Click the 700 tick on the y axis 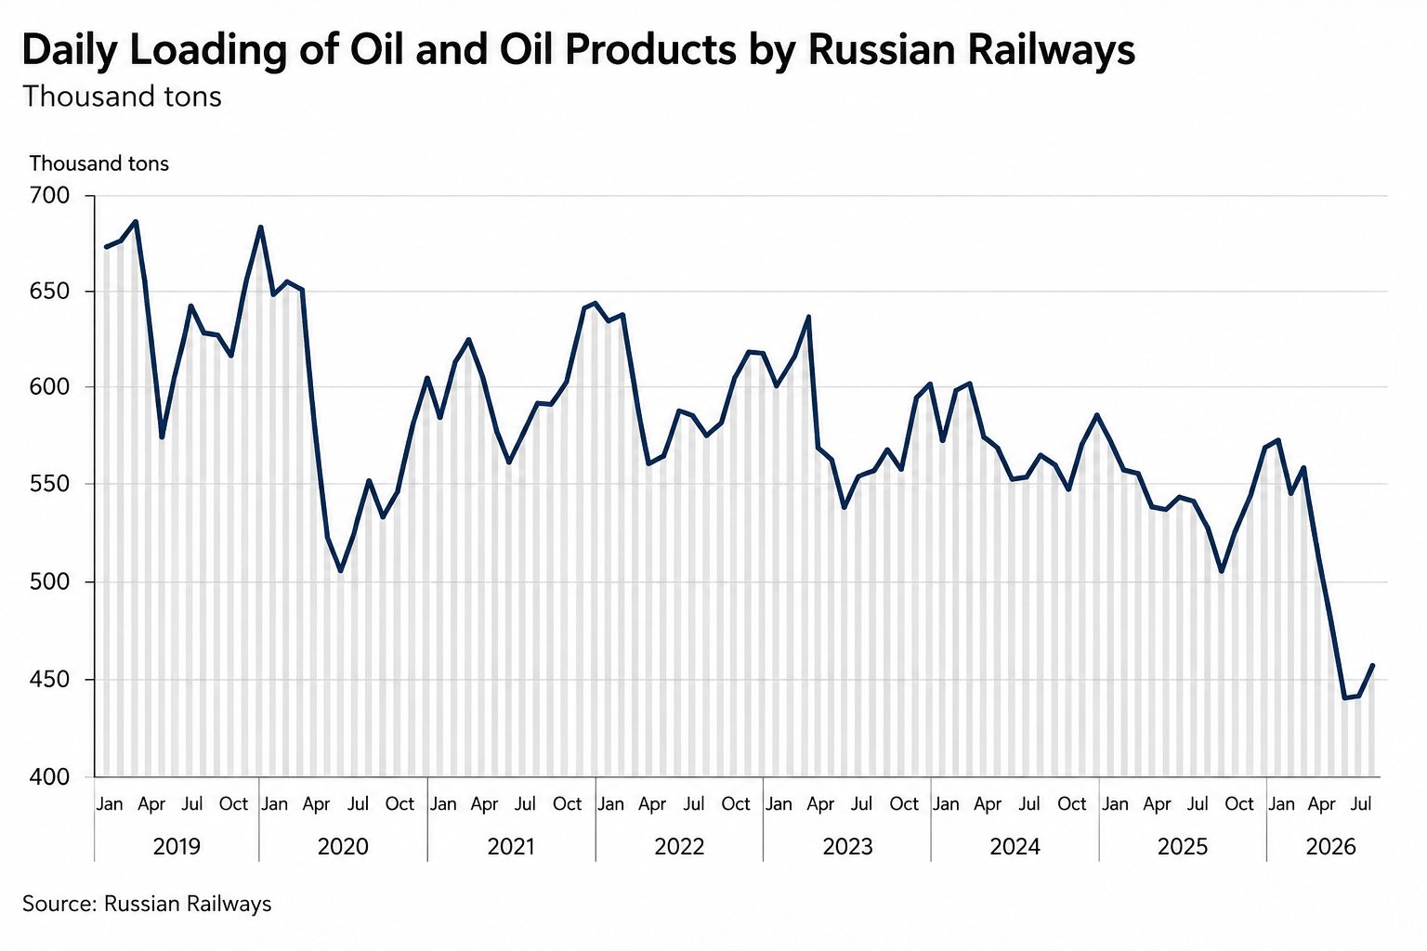[49, 196]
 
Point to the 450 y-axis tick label [49, 680]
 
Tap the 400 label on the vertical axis [49, 776]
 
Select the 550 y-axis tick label [49, 484]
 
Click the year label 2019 [177, 847]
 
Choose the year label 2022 [679, 847]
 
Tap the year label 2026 [1330, 847]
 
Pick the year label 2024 [1015, 847]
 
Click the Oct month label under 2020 [400, 804]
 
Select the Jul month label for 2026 [1361, 804]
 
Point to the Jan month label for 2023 [779, 804]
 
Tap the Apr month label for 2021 [484, 804]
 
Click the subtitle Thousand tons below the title [123, 97]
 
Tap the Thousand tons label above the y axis [99, 163]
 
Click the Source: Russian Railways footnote [147, 904]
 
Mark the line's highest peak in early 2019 [135, 222]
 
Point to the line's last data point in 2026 [1372, 666]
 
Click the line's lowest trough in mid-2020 [341, 570]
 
